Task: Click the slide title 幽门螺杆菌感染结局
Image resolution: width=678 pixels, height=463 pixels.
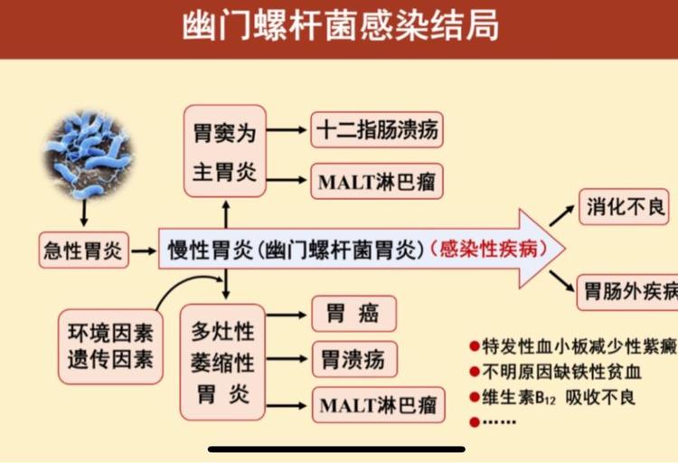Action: point(340,26)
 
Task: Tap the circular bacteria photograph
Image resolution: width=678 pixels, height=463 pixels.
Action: point(89,155)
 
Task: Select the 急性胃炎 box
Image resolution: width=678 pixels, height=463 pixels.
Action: point(83,250)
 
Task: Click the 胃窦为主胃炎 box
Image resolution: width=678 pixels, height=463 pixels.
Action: point(224,151)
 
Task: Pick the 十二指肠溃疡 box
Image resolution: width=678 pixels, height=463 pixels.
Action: point(377,130)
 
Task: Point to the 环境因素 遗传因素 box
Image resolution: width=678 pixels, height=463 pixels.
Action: point(110,346)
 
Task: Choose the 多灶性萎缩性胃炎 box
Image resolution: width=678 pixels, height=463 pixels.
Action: point(222,363)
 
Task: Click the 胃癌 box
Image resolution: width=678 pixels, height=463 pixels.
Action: point(353,314)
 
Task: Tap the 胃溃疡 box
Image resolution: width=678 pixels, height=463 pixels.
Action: point(354,359)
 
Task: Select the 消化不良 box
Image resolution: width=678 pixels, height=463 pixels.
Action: point(624,207)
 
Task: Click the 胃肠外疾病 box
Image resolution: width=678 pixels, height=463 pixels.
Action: point(627,292)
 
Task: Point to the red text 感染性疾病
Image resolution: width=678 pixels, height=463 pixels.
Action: point(488,250)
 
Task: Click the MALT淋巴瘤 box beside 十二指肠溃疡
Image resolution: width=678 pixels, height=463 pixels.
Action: point(377,181)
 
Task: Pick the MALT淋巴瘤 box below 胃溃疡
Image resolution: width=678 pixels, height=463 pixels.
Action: point(379,405)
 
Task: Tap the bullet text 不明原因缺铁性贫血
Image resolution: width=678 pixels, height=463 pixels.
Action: point(561,373)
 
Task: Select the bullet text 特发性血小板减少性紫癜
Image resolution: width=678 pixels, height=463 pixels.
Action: point(579,346)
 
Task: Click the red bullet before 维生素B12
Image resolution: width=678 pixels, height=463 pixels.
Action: point(475,397)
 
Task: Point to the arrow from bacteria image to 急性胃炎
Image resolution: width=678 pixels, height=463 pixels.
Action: point(84,213)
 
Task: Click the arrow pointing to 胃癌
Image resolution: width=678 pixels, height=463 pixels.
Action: point(287,315)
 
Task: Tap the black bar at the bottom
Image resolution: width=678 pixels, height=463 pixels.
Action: point(336,449)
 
